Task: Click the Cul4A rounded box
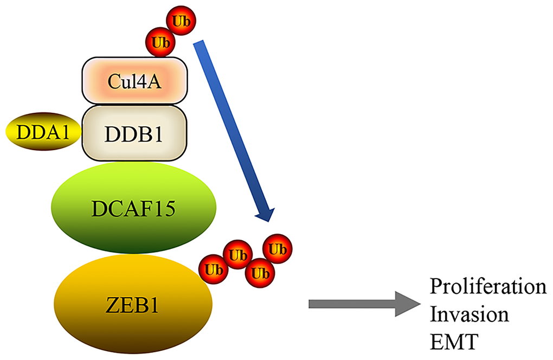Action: (x=135, y=81)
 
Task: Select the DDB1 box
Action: (x=134, y=132)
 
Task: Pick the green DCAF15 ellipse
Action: (x=133, y=208)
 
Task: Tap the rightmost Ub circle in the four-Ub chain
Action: (x=278, y=249)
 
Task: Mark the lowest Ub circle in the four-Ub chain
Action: (x=259, y=273)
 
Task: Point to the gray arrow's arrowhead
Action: (x=409, y=304)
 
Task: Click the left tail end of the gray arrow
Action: (x=311, y=304)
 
